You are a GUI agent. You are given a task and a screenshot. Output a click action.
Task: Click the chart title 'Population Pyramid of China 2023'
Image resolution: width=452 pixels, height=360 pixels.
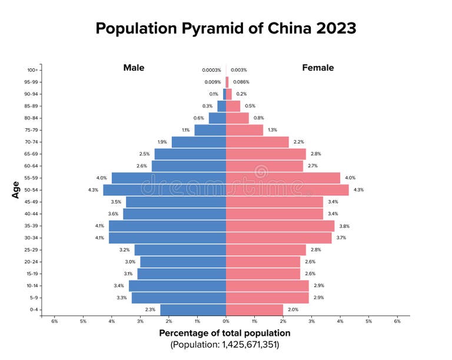[x=226, y=28]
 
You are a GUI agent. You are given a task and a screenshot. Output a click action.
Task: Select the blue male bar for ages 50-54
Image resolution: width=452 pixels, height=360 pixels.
[x=164, y=190]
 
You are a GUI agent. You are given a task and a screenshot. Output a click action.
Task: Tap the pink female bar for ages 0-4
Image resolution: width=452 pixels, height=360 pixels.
[x=254, y=309]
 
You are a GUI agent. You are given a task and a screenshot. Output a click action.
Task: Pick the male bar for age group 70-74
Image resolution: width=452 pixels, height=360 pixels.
[x=199, y=142]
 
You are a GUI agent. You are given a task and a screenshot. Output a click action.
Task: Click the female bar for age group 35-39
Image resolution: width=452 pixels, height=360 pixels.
[x=280, y=226]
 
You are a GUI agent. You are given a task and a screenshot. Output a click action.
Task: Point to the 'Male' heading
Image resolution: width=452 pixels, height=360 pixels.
[x=134, y=68]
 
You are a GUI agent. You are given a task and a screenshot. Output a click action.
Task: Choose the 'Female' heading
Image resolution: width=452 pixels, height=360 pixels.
[x=318, y=68]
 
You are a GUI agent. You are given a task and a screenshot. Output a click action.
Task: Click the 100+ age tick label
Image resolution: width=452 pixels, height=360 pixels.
[x=33, y=70]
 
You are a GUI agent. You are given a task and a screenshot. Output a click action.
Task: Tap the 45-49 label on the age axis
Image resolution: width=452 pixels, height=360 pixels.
[x=32, y=202]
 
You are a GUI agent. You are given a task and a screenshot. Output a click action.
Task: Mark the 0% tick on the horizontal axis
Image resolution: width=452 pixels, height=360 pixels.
[x=226, y=321]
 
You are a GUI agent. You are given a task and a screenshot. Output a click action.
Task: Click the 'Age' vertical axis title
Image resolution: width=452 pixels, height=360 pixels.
[x=16, y=189]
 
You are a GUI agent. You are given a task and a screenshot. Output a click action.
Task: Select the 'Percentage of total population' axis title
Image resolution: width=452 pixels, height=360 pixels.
[x=225, y=333]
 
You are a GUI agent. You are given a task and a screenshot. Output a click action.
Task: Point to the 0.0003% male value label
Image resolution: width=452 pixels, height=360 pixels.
[x=211, y=70]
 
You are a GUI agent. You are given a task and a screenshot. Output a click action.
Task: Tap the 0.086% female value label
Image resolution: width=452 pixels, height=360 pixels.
[x=241, y=82]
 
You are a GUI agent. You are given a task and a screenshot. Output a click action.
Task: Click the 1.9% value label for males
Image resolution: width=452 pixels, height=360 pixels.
[x=162, y=142]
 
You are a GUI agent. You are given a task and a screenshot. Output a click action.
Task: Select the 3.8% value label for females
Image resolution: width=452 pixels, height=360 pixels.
[x=344, y=226]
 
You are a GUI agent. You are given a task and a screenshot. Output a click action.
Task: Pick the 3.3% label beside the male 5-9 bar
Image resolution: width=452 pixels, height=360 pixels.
[x=122, y=298]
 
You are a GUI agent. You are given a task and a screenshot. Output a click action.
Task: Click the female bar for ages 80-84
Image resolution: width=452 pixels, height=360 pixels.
[x=237, y=118]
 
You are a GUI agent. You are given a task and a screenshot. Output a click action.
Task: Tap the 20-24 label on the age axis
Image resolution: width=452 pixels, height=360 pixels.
[x=32, y=262]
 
